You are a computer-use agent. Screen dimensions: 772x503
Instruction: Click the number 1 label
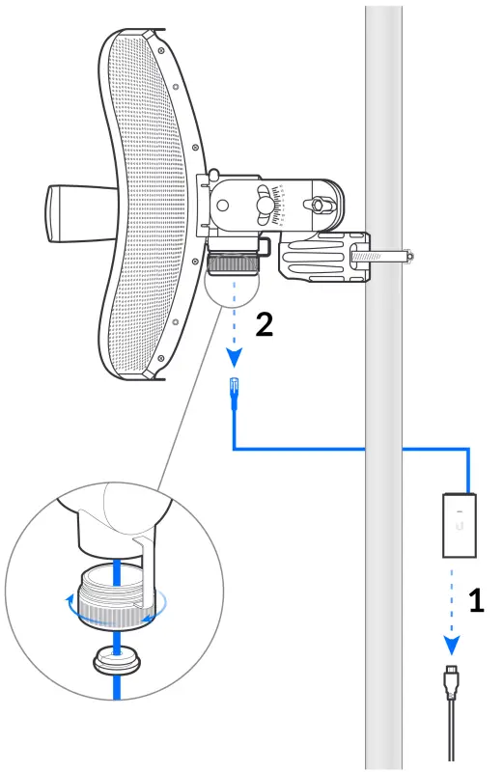tap(476, 601)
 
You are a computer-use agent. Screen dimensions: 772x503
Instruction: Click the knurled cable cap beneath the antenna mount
tap(232, 264)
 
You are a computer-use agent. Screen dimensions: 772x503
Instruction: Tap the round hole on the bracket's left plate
tap(224, 206)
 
